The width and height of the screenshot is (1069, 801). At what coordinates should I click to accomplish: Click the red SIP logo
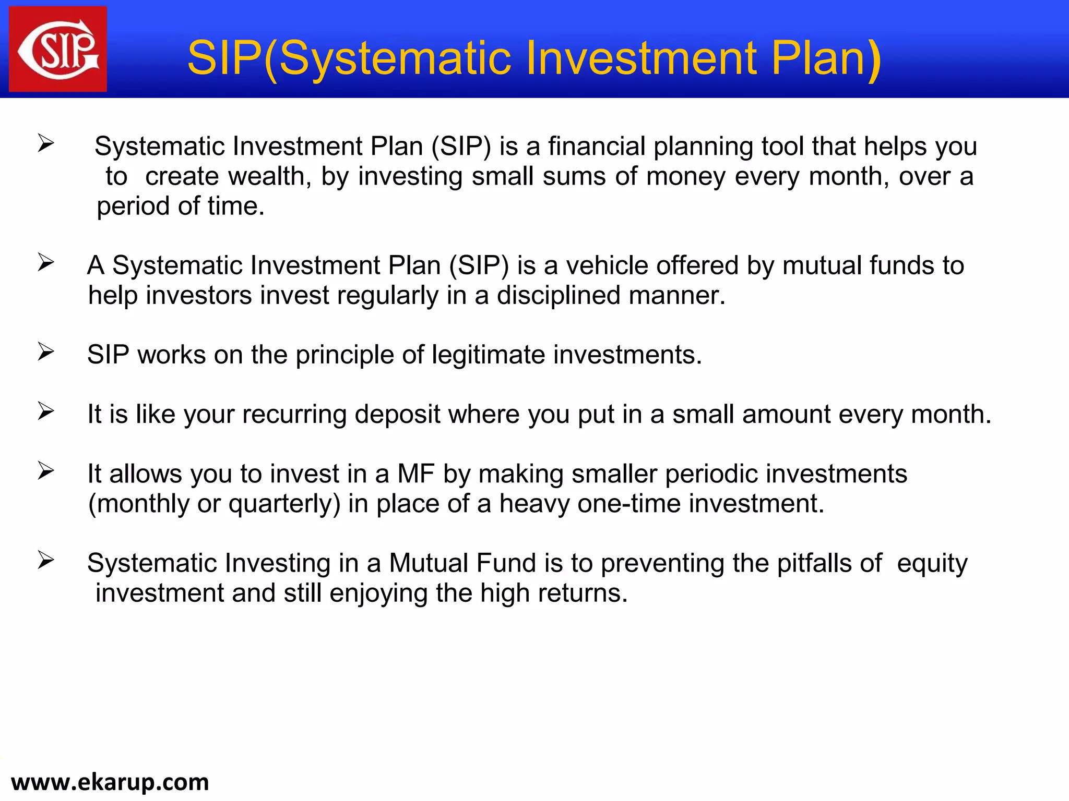click(x=58, y=49)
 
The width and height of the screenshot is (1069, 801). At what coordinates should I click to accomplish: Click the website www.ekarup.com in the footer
click(x=110, y=782)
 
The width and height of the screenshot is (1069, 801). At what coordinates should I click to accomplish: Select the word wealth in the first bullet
click(x=272, y=176)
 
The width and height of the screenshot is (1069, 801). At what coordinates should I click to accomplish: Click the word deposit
click(x=398, y=415)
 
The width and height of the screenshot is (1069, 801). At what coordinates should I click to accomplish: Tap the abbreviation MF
click(x=416, y=474)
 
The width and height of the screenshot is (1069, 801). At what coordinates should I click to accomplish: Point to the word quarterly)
click(x=284, y=504)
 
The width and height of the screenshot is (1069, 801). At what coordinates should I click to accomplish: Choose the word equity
click(x=932, y=564)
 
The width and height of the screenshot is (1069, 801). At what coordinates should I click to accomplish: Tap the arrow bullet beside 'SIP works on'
click(x=46, y=352)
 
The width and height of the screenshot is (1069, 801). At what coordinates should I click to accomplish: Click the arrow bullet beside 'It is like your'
click(x=46, y=411)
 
